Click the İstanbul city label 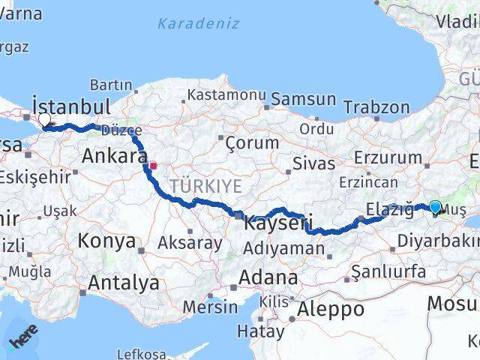click(71, 106)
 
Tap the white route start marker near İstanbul click(44, 119)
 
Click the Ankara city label click(114, 156)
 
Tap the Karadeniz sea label click(198, 23)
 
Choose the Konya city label click(109, 241)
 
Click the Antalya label click(124, 283)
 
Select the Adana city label click(268, 277)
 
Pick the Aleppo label click(331, 308)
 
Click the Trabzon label click(376, 107)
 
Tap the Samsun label click(303, 98)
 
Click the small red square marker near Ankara click(153, 166)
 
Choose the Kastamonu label click(226, 95)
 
